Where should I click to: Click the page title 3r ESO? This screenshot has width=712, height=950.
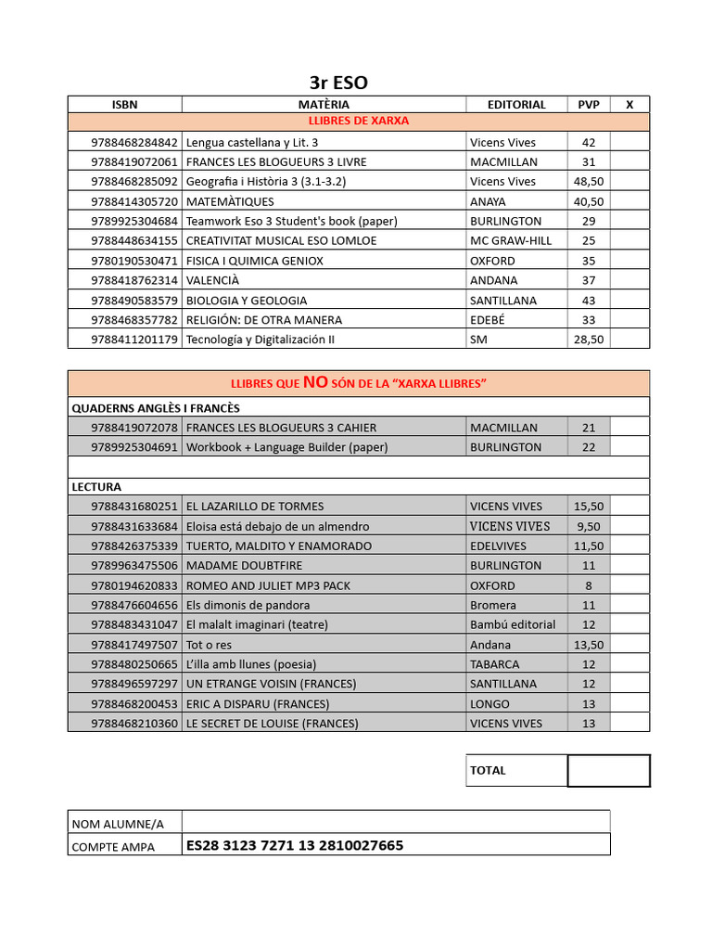point(337,83)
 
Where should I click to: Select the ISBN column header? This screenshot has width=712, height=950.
point(124,105)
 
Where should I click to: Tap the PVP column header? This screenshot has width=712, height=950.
point(589,105)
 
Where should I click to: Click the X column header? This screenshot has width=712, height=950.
point(629,105)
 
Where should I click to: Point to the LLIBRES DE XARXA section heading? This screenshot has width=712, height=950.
point(358,122)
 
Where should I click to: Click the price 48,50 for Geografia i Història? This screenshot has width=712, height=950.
point(589,182)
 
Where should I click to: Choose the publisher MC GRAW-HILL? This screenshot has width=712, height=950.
point(510,241)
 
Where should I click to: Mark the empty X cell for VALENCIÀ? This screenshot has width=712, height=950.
point(629,280)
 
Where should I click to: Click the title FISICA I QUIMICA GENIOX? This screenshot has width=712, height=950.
point(255,261)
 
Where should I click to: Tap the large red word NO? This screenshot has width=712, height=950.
point(315,382)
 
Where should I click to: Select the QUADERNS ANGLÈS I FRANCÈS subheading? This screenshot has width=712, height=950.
point(156,408)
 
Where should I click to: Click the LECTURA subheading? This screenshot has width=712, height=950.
point(96,486)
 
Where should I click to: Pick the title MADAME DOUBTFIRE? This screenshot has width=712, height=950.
point(244,565)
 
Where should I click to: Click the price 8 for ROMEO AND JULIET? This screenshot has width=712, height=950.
point(589,585)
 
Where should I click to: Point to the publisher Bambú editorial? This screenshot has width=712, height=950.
point(513,624)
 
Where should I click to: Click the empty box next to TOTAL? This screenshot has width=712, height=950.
point(608,770)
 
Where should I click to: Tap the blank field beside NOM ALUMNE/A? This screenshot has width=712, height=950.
point(396,822)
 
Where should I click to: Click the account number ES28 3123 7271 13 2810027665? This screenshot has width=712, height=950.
point(295,845)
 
